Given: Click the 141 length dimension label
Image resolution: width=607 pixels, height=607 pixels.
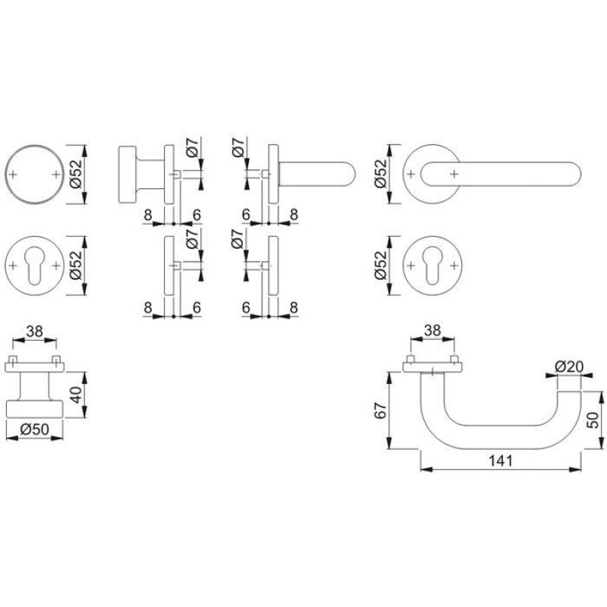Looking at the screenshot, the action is pyautogui.click(x=500, y=461).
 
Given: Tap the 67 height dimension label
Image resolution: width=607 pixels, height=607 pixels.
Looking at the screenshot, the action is pyautogui.click(x=381, y=410).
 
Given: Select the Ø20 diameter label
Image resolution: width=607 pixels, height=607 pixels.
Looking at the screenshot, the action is pyautogui.click(x=568, y=366).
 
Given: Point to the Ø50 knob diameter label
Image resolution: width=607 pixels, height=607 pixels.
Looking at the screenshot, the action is pyautogui.click(x=34, y=429).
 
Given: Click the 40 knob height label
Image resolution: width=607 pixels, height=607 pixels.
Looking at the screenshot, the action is pyautogui.click(x=77, y=395).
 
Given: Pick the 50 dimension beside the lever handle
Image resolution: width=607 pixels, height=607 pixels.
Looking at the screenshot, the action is pyautogui.click(x=593, y=420).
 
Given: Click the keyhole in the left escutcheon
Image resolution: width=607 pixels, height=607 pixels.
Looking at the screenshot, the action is pyautogui.click(x=34, y=266).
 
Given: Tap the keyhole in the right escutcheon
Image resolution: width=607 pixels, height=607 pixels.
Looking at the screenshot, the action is pyautogui.click(x=432, y=266).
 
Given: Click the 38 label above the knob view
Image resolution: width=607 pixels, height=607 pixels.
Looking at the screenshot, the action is pyautogui.click(x=34, y=332).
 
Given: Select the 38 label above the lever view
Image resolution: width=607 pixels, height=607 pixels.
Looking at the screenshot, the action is pyautogui.click(x=432, y=330).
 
